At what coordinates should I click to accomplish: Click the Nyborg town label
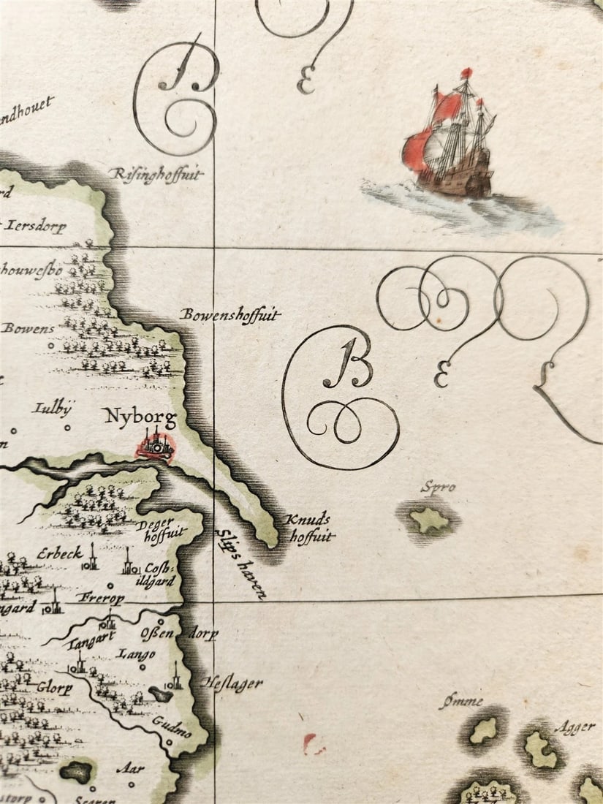click(140, 418)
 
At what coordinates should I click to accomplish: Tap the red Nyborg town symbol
click(154, 447)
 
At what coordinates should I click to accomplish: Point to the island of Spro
click(429, 520)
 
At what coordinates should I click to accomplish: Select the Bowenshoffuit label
click(230, 316)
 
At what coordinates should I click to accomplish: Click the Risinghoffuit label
click(156, 174)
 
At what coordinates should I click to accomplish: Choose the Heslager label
click(232, 683)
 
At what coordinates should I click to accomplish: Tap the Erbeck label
click(60, 553)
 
